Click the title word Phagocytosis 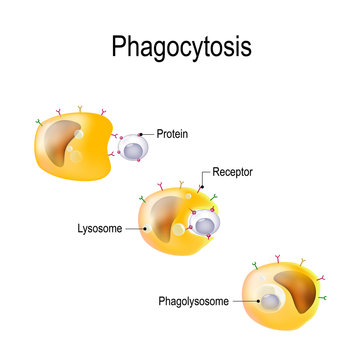pos(180,48)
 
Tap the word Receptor pos(233,172)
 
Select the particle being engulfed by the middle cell pos(204,224)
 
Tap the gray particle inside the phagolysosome pos(267,297)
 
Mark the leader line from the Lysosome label pos(136,227)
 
